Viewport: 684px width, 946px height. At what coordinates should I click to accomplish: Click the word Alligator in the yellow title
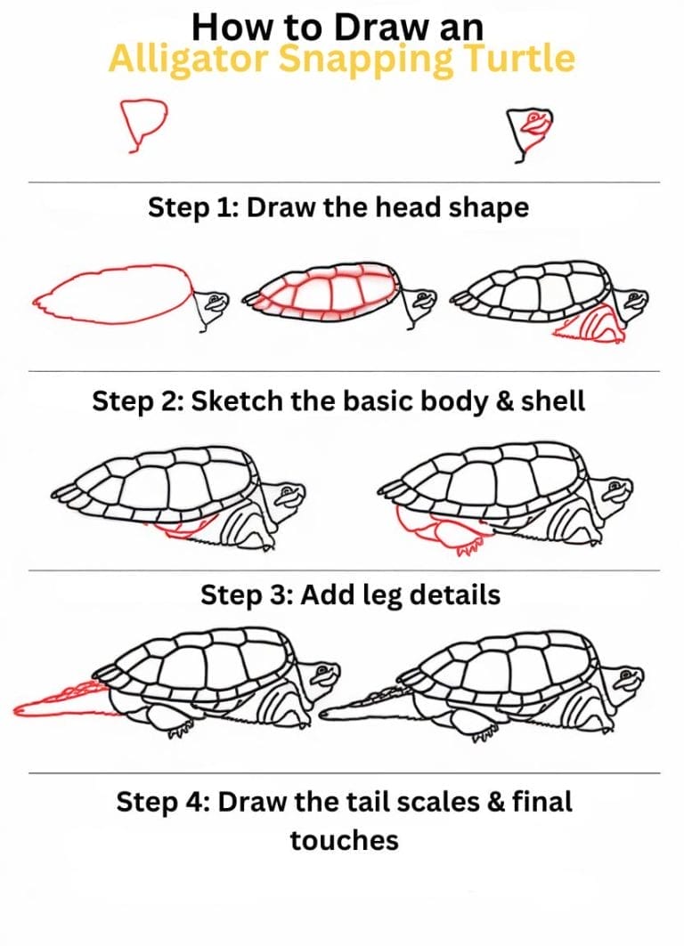click(x=175, y=60)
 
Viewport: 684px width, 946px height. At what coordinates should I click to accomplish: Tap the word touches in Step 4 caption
click(x=344, y=839)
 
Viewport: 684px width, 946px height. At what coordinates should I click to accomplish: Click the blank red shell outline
click(x=111, y=294)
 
